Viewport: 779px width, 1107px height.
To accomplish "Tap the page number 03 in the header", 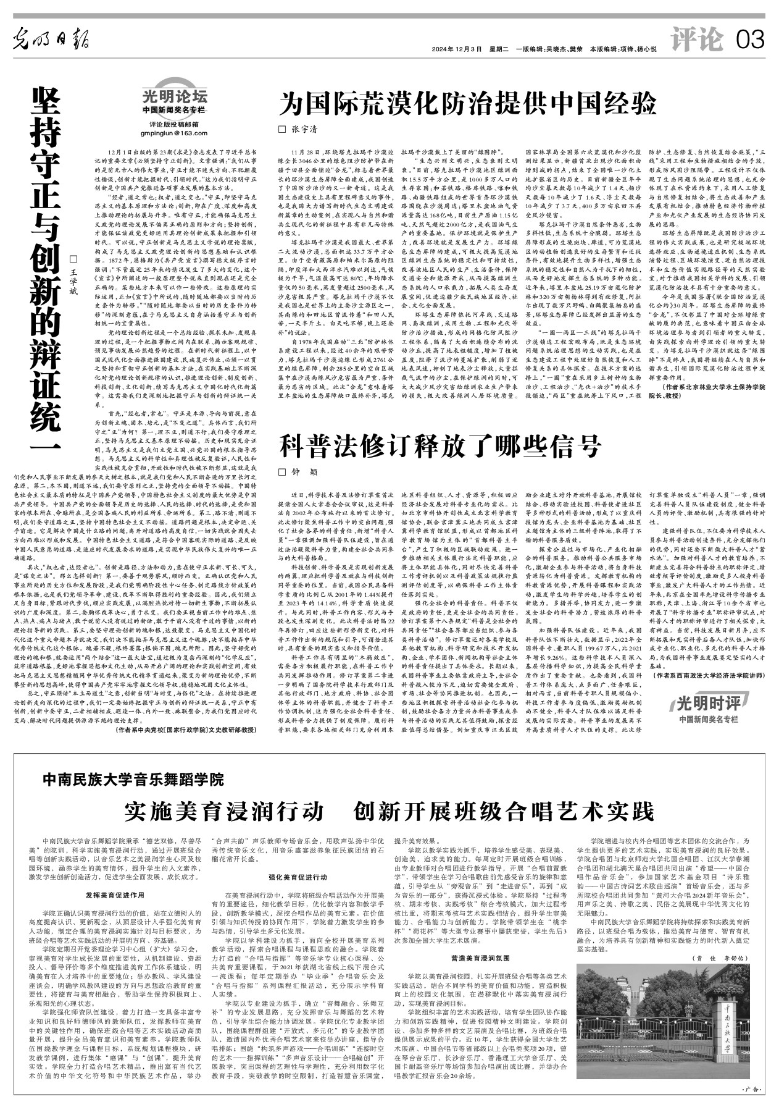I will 750,41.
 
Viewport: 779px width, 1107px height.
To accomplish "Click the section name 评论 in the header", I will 696,40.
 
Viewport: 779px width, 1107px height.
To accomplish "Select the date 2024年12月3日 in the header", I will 456,49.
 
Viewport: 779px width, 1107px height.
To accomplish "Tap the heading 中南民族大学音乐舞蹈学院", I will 133,780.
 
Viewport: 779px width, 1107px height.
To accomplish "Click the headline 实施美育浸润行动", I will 223,810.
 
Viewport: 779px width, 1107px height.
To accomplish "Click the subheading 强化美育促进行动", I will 297,877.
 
